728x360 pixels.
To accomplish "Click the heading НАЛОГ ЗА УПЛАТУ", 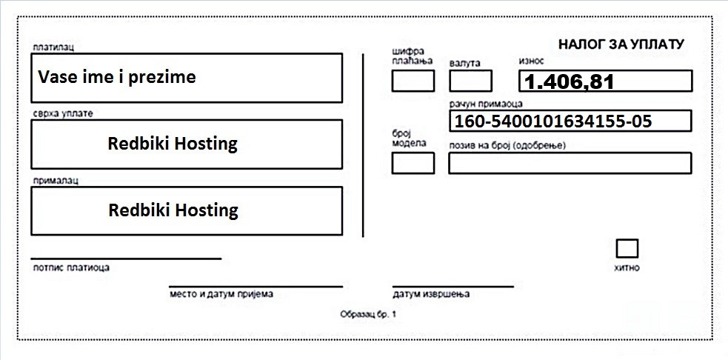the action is [x=621, y=44].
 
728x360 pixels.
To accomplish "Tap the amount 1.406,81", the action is [x=570, y=82].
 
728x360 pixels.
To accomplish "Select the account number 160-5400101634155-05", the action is [x=553, y=121].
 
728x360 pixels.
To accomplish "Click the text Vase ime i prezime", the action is [x=116, y=77].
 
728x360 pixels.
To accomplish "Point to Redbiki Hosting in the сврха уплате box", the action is [x=173, y=144].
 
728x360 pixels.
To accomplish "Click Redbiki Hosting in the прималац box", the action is [x=173, y=210].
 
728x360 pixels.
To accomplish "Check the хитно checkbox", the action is [x=627, y=248].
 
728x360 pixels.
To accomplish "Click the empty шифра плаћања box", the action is [x=413, y=81].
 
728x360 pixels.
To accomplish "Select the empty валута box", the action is [x=471, y=81].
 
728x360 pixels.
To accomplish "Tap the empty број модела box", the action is [x=413, y=163].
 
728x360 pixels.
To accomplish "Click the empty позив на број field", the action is [x=570, y=163].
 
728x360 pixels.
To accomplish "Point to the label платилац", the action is [x=53, y=47].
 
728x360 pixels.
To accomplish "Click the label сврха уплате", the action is [x=63, y=114].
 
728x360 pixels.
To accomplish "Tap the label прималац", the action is [x=56, y=181].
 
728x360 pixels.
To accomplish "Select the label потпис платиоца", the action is [x=72, y=267].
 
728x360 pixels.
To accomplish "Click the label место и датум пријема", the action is [x=221, y=294].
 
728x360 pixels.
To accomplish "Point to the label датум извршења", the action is [x=431, y=294].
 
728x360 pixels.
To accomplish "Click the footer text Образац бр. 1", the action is [x=368, y=315].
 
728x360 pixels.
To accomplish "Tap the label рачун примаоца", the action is [x=486, y=104].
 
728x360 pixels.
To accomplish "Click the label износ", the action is [x=531, y=61].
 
